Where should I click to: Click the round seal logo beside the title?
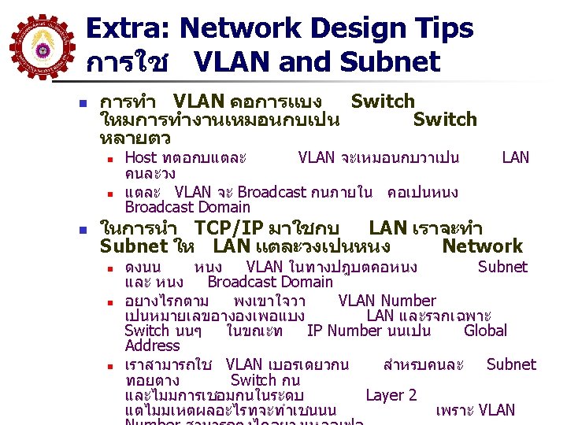point(40,43)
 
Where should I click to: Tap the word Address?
point(152,346)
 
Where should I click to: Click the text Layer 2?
point(391,395)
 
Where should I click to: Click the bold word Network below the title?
point(482,246)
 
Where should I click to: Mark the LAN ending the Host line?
point(515,158)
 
